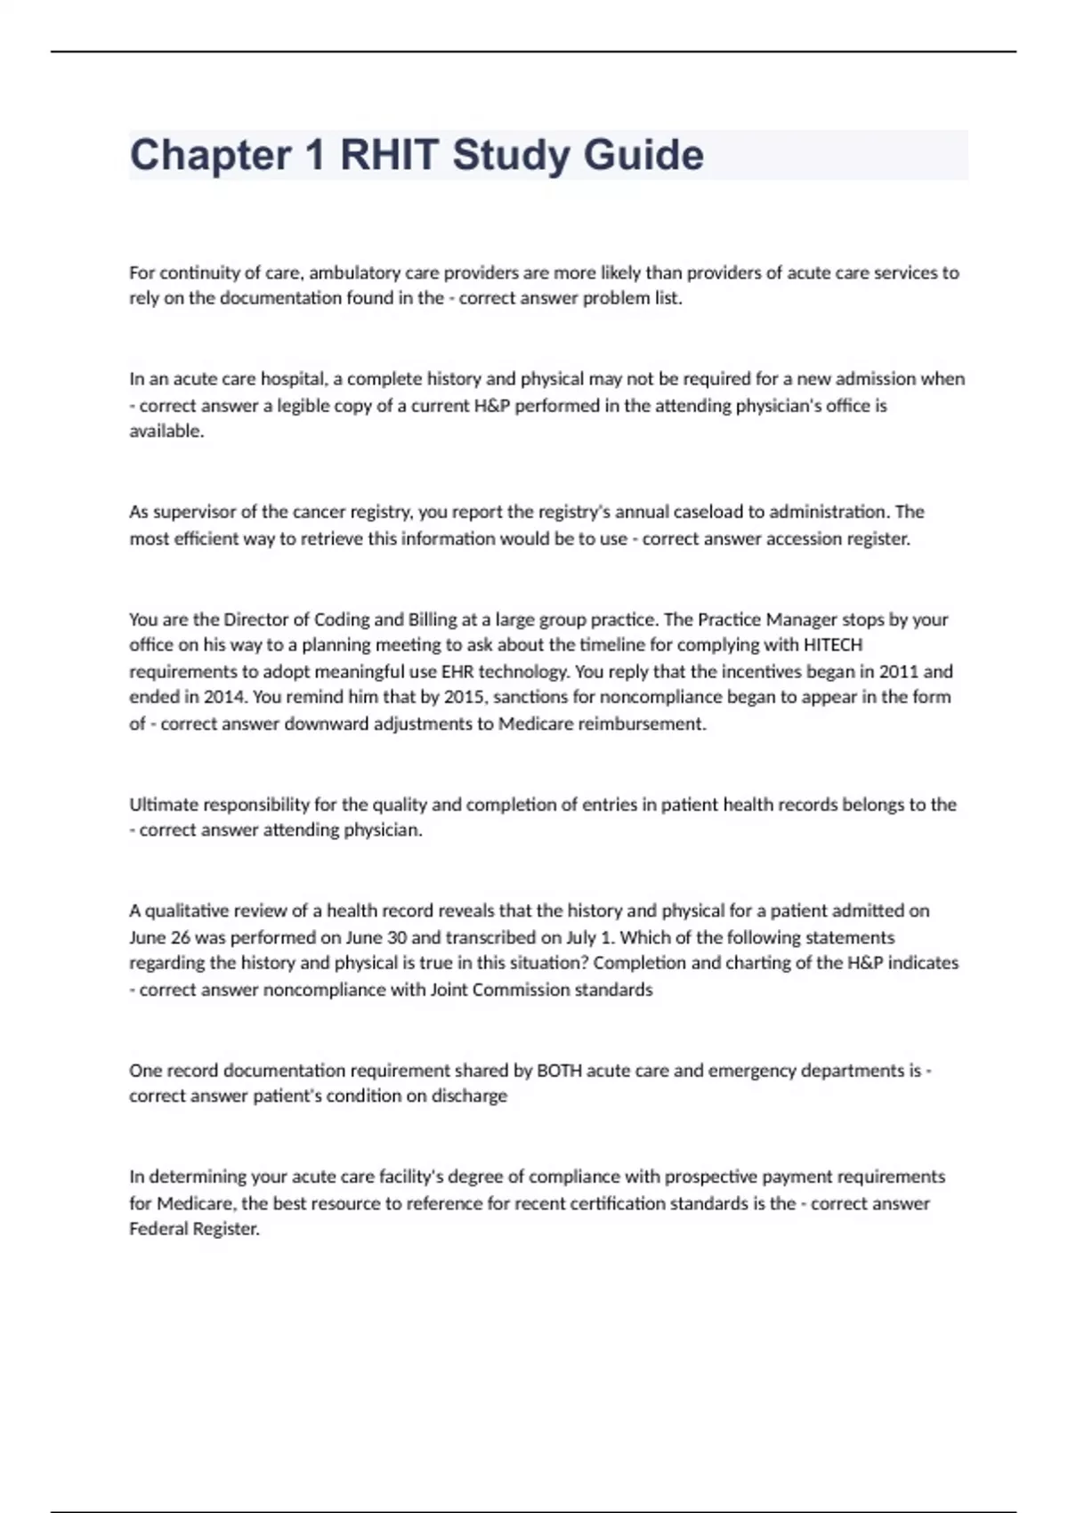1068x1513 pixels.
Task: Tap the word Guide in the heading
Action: [643, 155]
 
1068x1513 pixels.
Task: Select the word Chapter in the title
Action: [210, 155]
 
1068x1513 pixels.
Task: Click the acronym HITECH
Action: [832, 644]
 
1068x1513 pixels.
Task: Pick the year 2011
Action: [898, 671]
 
